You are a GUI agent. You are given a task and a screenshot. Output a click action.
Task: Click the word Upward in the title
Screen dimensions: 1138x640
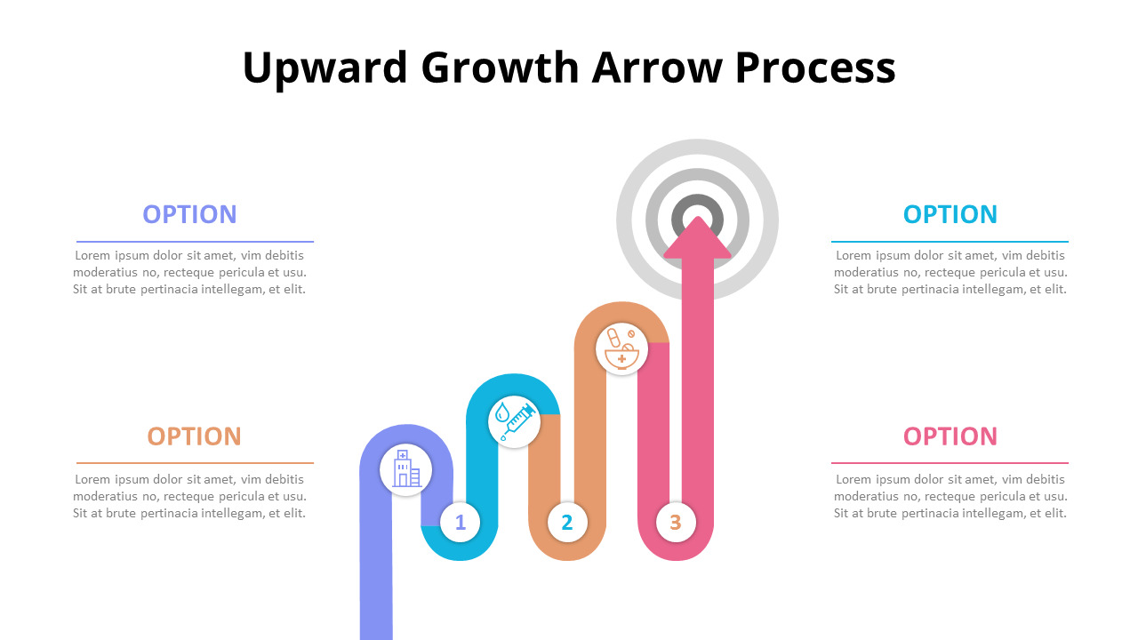325,68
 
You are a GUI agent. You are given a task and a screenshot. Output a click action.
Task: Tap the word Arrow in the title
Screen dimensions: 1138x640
657,68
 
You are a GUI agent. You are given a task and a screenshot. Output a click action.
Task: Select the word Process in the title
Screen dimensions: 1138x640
815,68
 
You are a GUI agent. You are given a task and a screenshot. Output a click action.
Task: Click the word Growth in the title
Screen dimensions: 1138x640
500,68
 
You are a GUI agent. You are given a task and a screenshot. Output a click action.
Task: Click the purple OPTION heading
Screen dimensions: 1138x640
189,214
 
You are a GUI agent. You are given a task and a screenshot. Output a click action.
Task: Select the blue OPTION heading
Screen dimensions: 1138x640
950,214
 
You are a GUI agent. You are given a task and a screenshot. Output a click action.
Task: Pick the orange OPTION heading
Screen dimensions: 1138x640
194,436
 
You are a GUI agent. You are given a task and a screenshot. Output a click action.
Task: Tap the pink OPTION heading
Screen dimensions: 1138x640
950,436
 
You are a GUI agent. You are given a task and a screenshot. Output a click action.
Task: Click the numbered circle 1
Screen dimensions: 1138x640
461,522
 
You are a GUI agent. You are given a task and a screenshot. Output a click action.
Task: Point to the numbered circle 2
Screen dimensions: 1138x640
567,522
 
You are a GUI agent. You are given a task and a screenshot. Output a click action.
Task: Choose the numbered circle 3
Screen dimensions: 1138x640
676,522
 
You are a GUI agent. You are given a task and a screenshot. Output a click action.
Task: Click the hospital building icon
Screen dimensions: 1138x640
406,469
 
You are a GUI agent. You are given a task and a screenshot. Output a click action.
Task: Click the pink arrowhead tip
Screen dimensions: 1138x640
698,217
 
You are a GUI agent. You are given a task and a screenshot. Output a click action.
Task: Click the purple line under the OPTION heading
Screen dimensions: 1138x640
195,242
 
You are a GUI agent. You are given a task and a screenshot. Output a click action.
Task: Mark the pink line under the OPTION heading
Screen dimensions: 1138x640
950,463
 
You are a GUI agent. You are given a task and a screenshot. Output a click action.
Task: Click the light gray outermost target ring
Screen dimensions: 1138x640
698,147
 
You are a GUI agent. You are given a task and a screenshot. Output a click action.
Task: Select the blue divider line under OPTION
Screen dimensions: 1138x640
950,242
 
